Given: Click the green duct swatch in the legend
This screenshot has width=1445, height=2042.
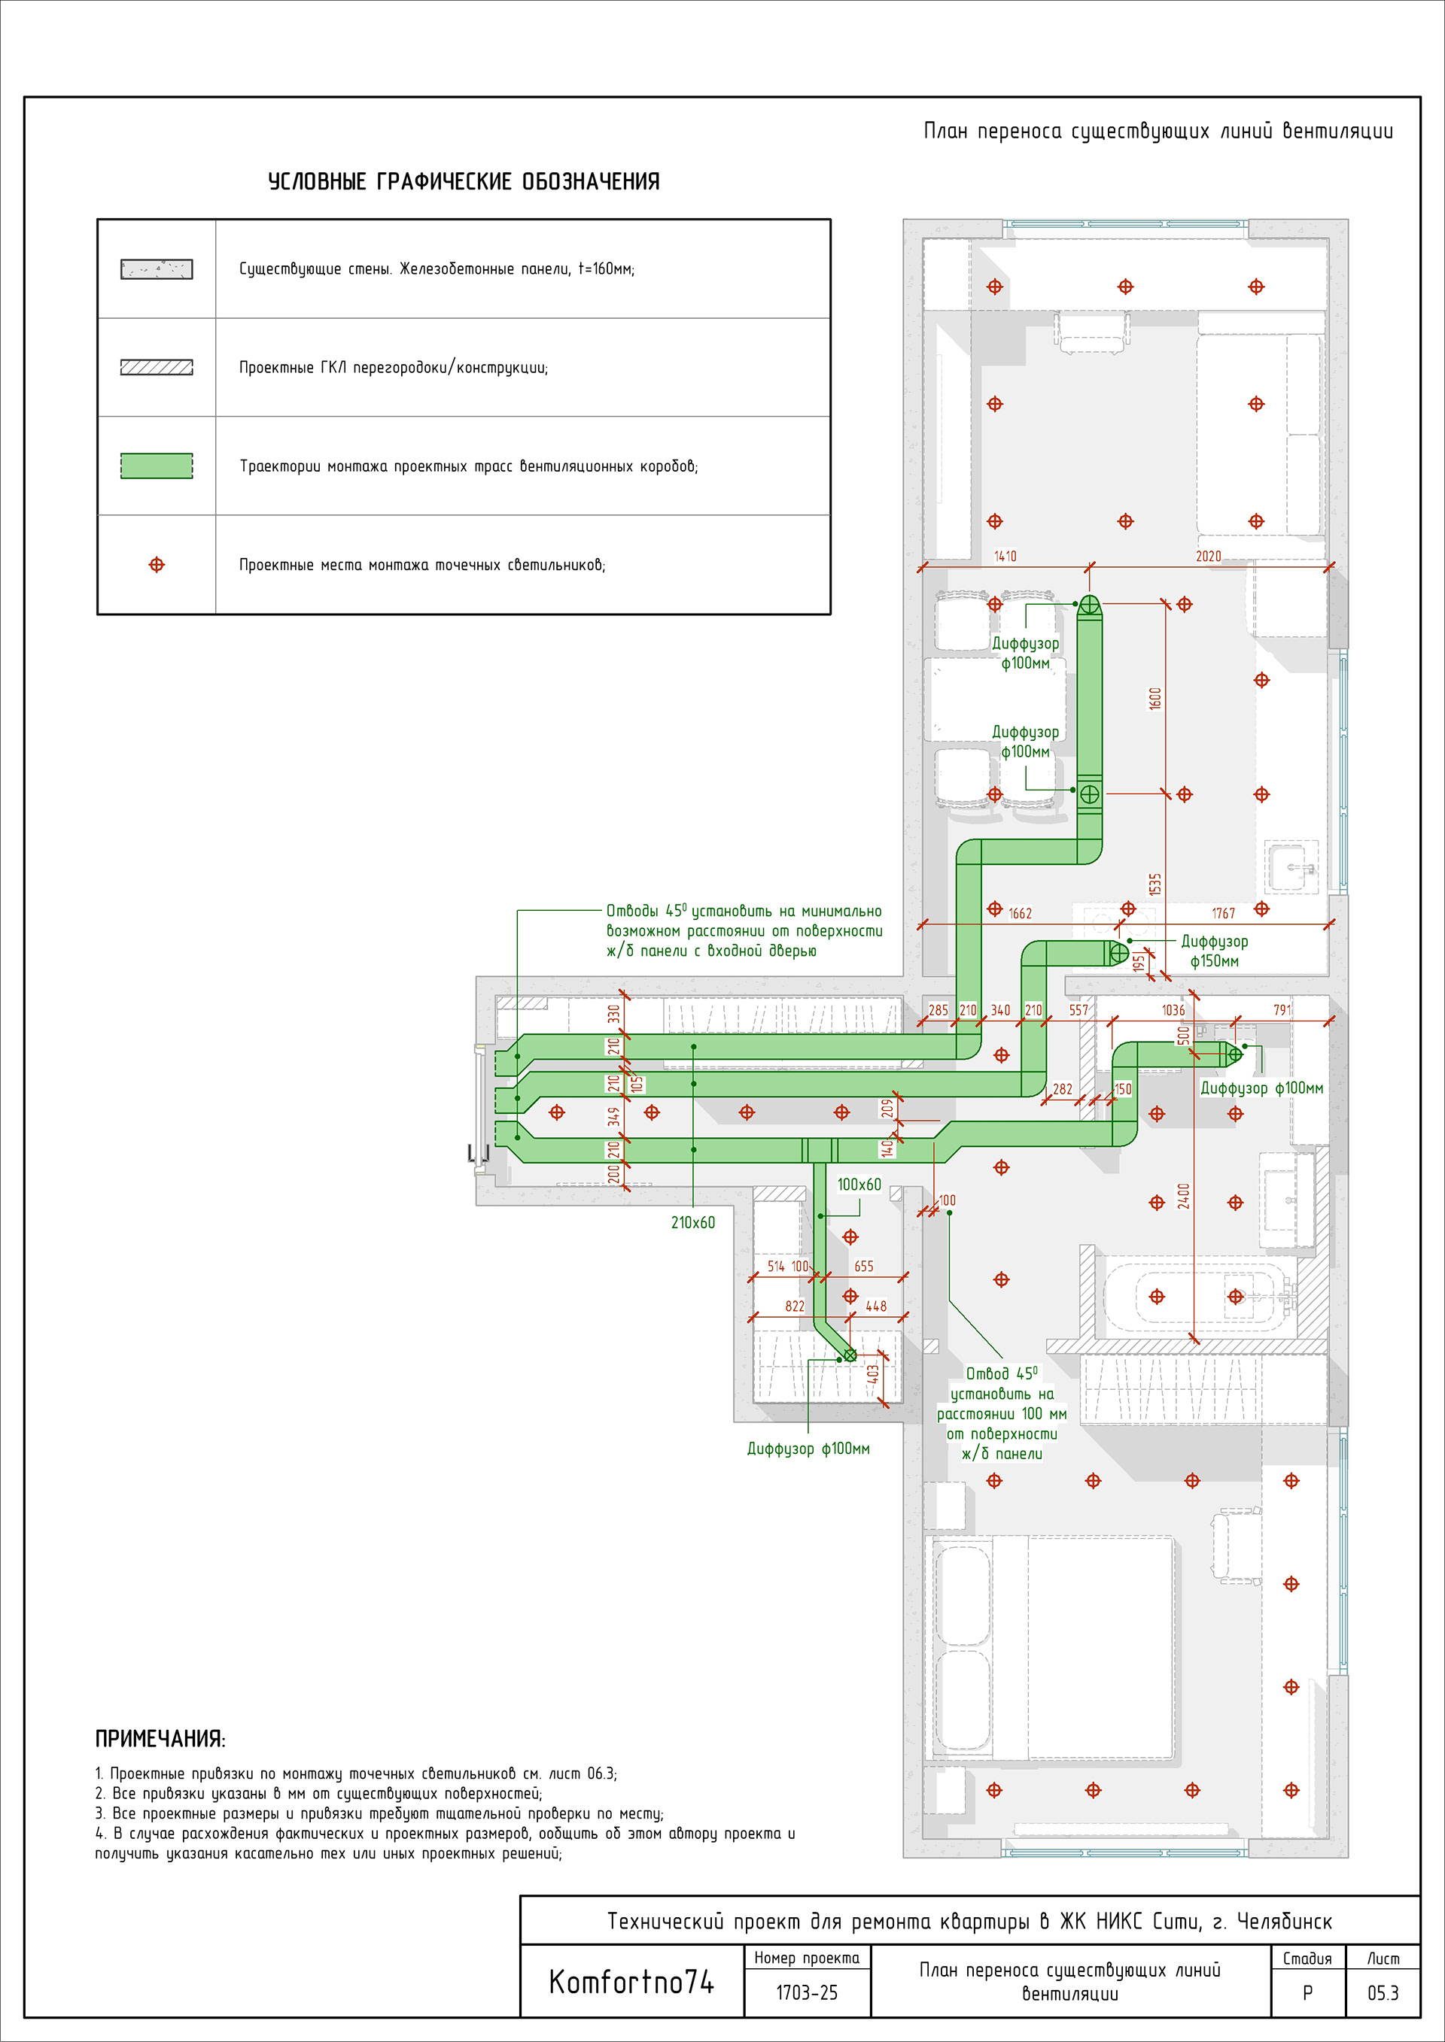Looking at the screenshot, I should pos(157,466).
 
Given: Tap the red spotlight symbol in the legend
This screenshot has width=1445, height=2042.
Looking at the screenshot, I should pos(157,565).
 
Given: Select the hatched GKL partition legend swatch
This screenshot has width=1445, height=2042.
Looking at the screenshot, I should pos(157,367).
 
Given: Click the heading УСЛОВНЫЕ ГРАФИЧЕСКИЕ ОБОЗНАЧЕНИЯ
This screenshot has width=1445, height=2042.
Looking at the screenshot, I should pos(464,182).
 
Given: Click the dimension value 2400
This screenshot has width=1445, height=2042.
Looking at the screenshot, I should pos(1183,1195).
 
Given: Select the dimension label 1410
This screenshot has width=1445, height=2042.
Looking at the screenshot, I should pos(1005,556).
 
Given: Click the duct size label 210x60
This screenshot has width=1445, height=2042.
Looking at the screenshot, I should pos(693,1223).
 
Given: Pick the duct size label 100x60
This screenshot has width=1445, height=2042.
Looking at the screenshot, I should pos(859,1185).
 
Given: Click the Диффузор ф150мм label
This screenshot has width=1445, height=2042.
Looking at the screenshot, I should pos(1215,951).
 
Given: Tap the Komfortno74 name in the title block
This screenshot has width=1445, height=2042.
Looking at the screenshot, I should pos(631,1983).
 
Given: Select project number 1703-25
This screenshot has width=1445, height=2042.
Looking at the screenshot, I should pos(807,1993).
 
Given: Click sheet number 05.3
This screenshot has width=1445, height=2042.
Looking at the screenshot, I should pos(1383,1993).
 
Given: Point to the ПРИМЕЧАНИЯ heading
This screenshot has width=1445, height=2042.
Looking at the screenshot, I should pos(160,1739).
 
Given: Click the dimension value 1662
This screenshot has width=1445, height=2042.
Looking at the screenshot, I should pos(1020,913).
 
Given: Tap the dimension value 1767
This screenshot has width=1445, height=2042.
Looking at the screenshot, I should pos(1224,913).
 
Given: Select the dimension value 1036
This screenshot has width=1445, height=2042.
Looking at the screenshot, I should pos(1173,1009).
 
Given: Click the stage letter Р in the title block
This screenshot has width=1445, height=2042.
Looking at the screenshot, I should pos(1307,1993).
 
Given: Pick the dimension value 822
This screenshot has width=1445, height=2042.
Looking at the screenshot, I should pos(795,1306).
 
